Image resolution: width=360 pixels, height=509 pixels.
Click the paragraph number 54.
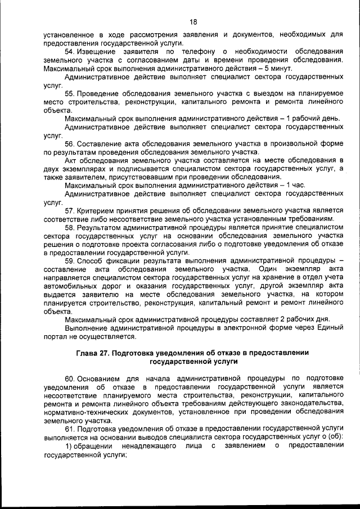70,51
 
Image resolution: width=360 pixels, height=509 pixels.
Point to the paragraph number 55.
70,93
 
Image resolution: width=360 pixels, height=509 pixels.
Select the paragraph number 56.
70,143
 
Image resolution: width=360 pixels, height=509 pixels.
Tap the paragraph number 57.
70,210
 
